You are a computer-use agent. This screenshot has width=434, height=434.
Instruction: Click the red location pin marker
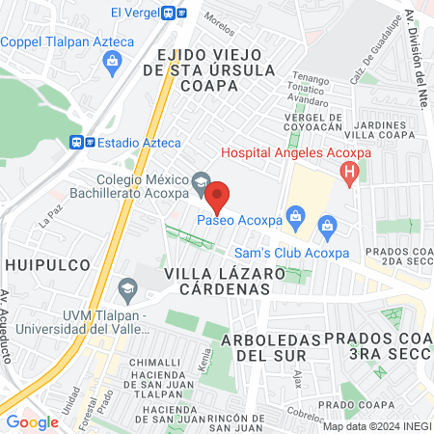pos(218,198)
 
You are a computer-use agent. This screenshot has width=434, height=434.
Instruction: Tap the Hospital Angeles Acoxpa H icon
pos(350,173)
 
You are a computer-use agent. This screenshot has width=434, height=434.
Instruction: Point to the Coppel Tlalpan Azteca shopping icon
pos(112,62)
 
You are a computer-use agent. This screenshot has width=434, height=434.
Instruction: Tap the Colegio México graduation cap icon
pos(200,180)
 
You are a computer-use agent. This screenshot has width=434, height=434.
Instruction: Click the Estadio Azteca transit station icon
pos(83,142)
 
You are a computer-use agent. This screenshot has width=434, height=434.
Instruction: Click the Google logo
pos(32,421)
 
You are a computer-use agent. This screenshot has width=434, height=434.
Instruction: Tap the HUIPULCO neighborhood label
pos(47,263)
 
